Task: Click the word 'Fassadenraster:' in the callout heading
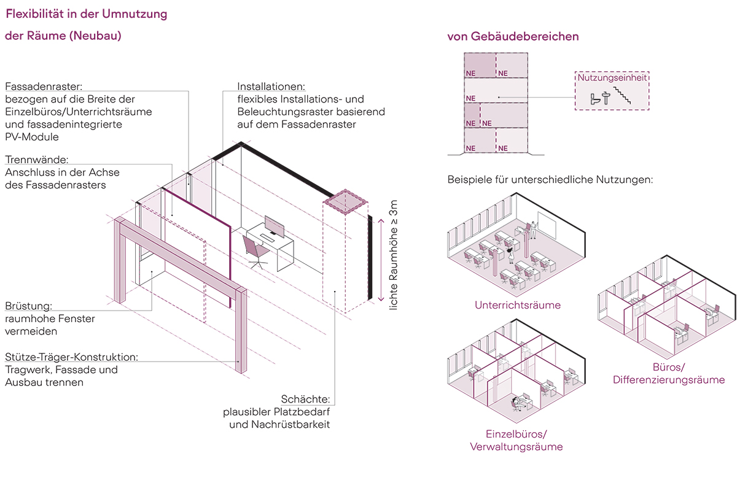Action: click(x=43, y=87)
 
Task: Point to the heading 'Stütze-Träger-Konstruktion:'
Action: click(x=71, y=357)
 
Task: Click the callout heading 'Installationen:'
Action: click(x=271, y=87)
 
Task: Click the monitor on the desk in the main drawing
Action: click(x=274, y=226)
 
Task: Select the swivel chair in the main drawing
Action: click(x=254, y=250)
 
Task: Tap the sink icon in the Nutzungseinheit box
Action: click(x=606, y=97)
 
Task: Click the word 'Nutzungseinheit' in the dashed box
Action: click(x=612, y=77)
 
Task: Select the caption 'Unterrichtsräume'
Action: click(x=517, y=304)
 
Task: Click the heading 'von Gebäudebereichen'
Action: click(x=513, y=36)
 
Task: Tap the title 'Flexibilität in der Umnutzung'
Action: click(x=86, y=14)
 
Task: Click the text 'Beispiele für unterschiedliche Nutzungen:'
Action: click(x=550, y=181)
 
